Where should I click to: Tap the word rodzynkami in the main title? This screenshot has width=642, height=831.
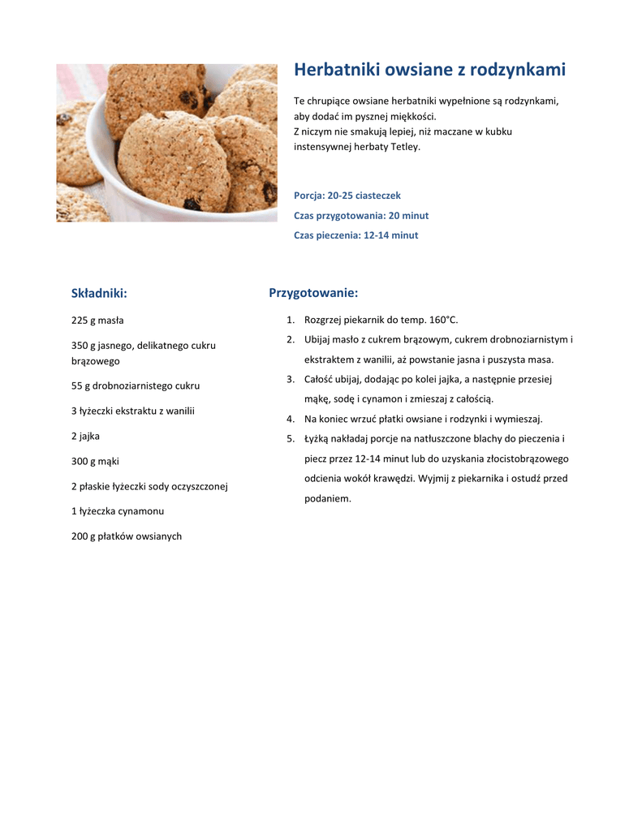point(517,71)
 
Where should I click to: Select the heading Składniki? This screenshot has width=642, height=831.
point(99,293)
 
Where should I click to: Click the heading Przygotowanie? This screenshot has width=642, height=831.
point(313,293)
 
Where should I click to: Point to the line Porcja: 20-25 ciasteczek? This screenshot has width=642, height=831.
point(347,196)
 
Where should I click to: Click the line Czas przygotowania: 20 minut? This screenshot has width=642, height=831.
point(361,216)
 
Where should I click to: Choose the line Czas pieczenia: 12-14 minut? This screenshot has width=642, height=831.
point(356,235)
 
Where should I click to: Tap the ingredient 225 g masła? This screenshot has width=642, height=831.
point(97,321)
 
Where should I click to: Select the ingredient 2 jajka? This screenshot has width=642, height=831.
point(85,437)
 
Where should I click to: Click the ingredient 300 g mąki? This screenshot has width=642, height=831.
point(95,462)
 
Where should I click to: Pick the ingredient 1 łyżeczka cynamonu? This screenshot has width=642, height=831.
point(118,511)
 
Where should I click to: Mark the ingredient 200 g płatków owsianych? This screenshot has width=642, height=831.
point(127,536)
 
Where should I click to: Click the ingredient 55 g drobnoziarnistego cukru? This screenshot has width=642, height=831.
point(136,386)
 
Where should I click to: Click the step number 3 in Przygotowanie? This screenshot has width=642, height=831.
point(290,379)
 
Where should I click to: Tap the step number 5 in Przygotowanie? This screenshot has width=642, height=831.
point(290,439)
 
